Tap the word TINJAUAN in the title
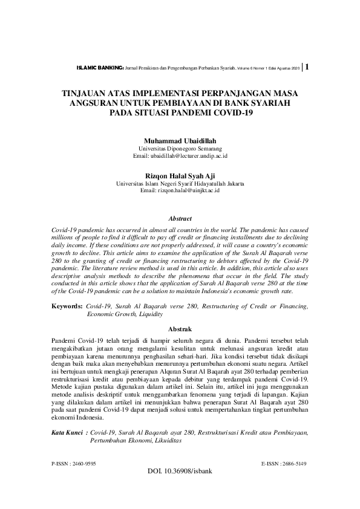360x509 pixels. click(87, 95)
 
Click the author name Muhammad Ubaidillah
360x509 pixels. click(180, 140)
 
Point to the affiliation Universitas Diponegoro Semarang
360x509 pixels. click(180, 148)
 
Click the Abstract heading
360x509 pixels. click(180, 219)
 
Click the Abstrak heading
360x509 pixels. click(180, 329)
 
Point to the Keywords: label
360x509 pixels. click(67, 307)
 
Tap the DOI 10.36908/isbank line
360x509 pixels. click(180, 471)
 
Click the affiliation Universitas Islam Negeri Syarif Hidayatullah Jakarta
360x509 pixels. click(180, 183)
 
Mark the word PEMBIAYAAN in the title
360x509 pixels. click(170, 104)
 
